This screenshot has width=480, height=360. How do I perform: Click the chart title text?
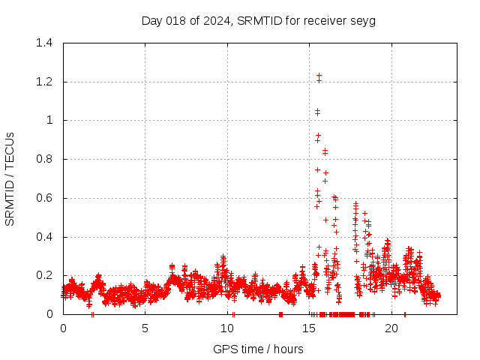(259, 20)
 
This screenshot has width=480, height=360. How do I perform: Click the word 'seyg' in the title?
(364, 20)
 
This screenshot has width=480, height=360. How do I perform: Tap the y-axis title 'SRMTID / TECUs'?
(10, 178)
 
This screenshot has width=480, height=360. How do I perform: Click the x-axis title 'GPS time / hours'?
(259, 349)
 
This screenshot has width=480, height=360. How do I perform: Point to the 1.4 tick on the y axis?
(46, 43)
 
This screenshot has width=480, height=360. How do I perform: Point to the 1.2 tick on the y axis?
(46, 82)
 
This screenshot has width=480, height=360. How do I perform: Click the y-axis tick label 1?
(50, 120)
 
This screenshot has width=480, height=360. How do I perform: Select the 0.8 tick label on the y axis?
(46, 159)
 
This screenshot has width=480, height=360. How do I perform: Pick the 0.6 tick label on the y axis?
(46, 198)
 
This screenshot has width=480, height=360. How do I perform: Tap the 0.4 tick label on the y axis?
(46, 237)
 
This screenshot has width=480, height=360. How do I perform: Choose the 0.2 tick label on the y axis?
(46, 276)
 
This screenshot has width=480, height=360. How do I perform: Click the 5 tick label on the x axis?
(145, 328)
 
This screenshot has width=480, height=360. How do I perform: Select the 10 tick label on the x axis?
(228, 328)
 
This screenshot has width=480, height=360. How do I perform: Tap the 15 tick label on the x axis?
(310, 328)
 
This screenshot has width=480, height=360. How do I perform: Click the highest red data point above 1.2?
(319, 76)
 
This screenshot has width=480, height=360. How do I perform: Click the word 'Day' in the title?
(152, 20)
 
